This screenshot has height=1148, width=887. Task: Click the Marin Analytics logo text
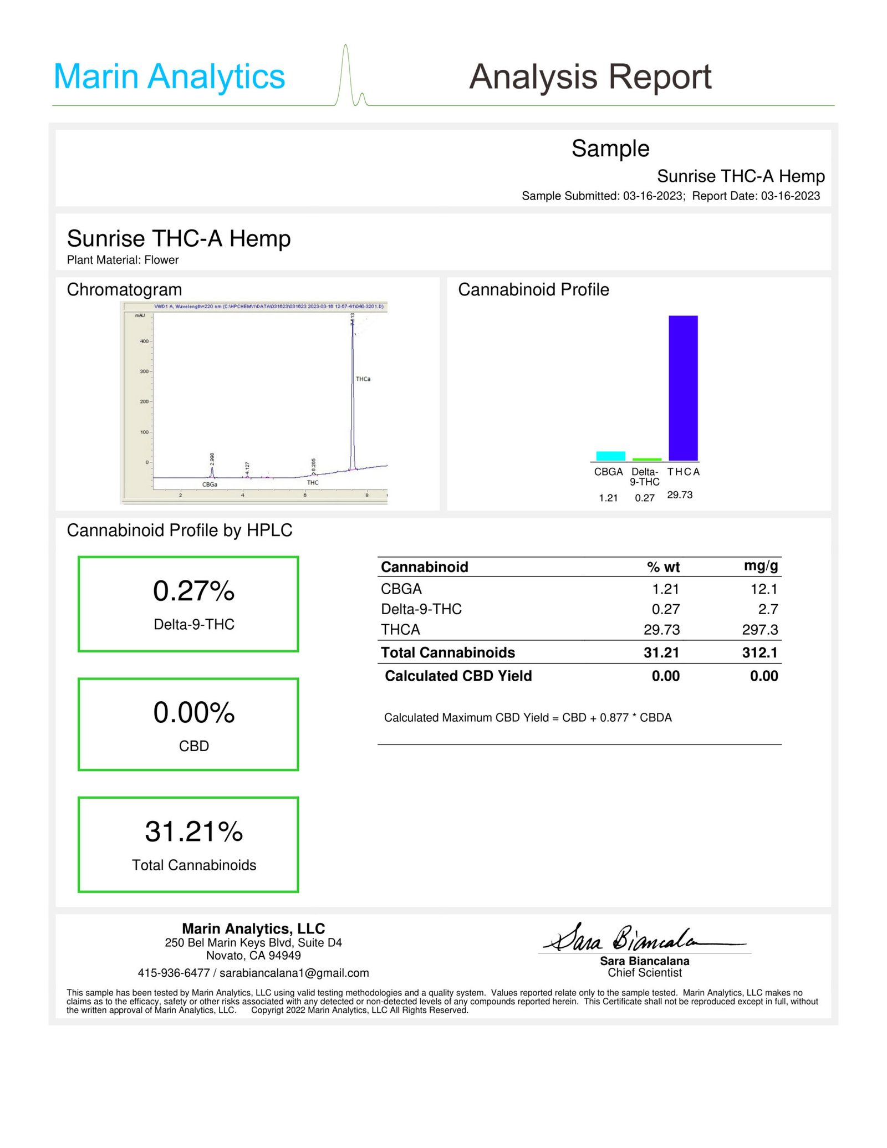pos(169,76)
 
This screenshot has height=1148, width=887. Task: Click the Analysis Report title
pos(590,76)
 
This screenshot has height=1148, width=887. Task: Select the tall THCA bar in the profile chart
pos(683,387)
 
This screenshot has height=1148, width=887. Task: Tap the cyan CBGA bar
pos(610,456)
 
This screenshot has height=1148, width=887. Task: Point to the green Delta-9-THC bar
pos(647,460)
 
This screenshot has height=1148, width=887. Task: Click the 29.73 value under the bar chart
pos(680,495)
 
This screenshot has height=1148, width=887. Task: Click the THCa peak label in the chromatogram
pos(363,379)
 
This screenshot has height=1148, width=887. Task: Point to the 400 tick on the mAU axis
pos(144,341)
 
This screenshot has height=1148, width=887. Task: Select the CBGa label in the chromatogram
pos(210,484)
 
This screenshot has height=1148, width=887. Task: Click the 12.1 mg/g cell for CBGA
pos(764,589)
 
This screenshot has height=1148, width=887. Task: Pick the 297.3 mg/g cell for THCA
pos(760,630)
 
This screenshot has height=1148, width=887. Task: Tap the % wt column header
pos(663,567)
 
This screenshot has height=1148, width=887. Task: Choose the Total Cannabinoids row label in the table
pos(448,652)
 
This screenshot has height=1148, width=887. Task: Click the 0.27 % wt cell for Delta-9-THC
pos(665,609)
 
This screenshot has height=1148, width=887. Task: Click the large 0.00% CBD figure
pos(194,713)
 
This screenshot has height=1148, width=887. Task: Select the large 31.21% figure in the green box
pos(194,832)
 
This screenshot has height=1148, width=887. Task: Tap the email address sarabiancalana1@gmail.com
pos(294,973)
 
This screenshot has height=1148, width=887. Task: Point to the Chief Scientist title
pos(645,972)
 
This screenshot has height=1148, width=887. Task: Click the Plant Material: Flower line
pos(123,260)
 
